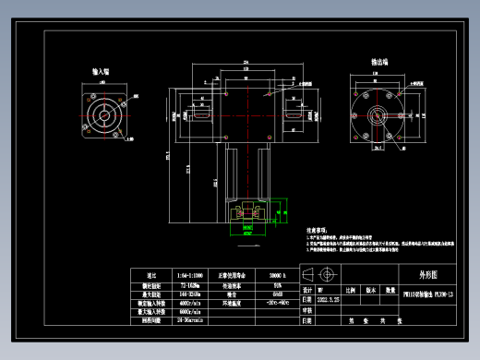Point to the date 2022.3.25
click(329, 300)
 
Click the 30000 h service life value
click(278, 275)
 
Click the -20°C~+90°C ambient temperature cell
click(278, 301)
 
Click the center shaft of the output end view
click(378, 115)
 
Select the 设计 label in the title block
click(307, 289)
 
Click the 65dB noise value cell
click(278, 293)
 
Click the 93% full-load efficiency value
click(278, 284)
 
